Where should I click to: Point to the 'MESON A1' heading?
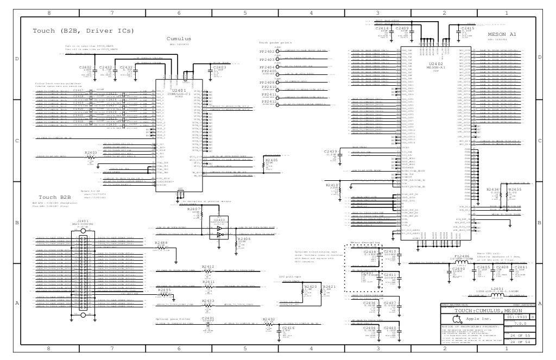click(502, 34)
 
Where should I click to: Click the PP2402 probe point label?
click(266, 52)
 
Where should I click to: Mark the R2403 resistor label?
click(91, 153)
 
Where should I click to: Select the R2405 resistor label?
click(271, 161)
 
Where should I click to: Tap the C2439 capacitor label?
click(331, 151)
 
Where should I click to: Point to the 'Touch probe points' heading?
click(275, 42)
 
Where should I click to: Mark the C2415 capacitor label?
click(467, 27)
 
